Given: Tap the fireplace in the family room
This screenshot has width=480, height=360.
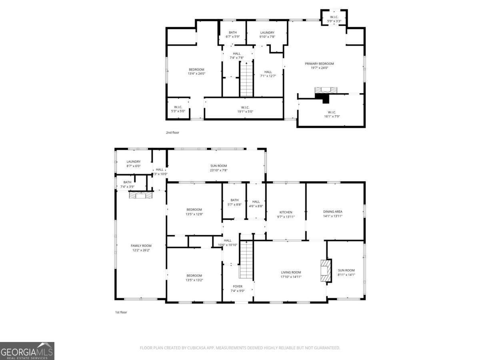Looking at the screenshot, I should click(x=138, y=195).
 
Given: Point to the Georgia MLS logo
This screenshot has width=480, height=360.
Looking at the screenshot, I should click(x=27, y=351).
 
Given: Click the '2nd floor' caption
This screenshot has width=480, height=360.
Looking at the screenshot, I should click(x=173, y=132).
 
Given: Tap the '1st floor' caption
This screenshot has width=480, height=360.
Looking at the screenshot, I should click(x=121, y=312).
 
